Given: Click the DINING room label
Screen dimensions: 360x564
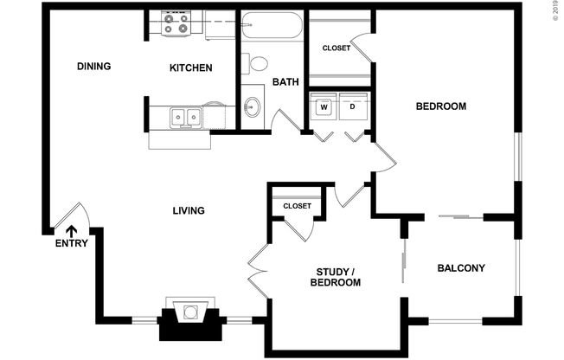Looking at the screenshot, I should pyautogui.click(x=93, y=67).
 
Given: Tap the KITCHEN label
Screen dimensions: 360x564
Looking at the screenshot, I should pyautogui.click(x=190, y=68).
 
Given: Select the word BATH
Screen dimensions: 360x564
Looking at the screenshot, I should pyautogui.click(x=285, y=83).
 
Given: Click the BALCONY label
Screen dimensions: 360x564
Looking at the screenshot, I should pyautogui.click(x=460, y=268).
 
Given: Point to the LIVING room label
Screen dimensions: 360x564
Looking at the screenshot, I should pyautogui.click(x=188, y=211).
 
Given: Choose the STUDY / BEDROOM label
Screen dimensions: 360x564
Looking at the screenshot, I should pyautogui.click(x=335, y=277).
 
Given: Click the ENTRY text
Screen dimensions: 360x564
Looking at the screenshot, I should pyautogui.click(x=71, y=244).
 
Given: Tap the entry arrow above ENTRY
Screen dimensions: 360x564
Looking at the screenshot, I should pyautogui.click(x=71, y=229).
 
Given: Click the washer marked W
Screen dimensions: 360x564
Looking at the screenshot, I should pyautogui.click(x=324, y=107).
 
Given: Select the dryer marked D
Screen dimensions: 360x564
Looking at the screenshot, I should pyautogui.click(x=353, y=107).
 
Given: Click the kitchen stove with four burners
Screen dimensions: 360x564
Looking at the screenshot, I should pyautogui.click(x=176, y=23).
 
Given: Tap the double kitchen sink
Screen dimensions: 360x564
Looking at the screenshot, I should pyautogui.click(x=186, y=116).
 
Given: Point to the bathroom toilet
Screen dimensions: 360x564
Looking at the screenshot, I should pyautogui.click(x=259, y=63).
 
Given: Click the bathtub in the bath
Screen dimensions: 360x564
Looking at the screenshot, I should pyautogui.click(x=272, y=25).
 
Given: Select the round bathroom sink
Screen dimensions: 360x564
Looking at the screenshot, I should pyautogui.click(x=252, y=107).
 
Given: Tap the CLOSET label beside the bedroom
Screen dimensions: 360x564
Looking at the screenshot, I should pyautogui.click(x=336, y=48).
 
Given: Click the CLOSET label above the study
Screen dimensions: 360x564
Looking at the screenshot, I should pyautogui.click(x=297, y=206).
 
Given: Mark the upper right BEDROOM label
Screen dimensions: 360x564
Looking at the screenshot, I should pyautogui.click(x=441, y=106).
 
